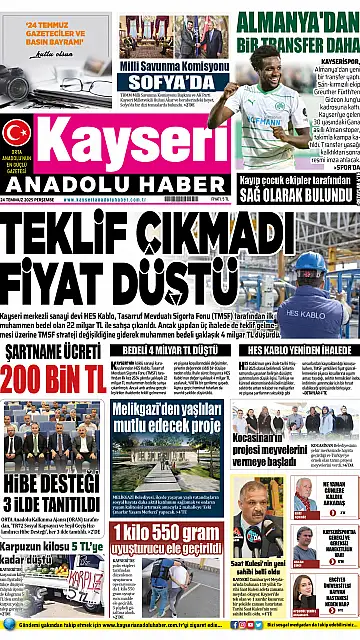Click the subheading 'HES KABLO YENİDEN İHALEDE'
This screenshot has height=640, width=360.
(x=294, y=350)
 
